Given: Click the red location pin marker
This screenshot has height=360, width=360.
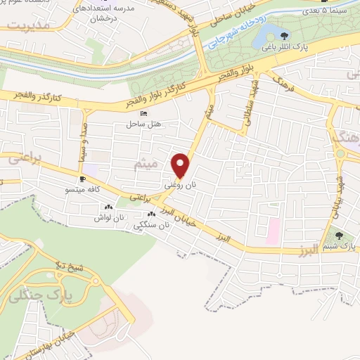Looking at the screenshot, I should (x=181, y=165).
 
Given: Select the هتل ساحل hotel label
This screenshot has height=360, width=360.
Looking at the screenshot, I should (x=143, y=124).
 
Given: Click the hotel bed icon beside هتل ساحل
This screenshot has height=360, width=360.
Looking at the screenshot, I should (x=144, y=114).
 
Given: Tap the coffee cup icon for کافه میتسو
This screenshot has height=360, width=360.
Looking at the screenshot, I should (x=83, y=179).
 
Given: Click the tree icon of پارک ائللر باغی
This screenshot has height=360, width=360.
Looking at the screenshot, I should (x=284, y=36).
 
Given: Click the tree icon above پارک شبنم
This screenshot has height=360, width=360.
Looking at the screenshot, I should (x=340, y=236).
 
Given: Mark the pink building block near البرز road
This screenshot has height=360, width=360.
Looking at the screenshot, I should (x=273, y=227).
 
